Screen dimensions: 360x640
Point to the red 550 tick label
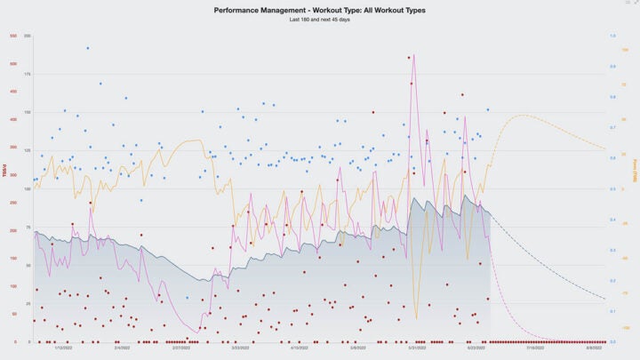(13, 36)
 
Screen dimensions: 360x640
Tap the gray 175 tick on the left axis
(28, 74)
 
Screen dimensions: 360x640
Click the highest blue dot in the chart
(87, 48)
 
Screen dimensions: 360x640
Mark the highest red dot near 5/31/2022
(409, 58)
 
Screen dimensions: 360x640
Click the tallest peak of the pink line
(414, 55)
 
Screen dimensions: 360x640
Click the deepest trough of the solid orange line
(415, 318)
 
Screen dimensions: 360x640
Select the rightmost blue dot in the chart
(487, 110)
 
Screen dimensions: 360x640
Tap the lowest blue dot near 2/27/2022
(187, 298)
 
